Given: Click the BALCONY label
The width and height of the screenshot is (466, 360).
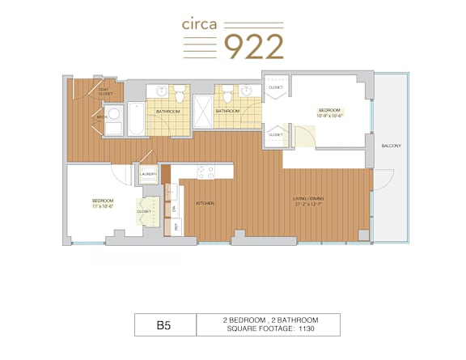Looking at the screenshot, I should pyautogui.click(x=391, y=145).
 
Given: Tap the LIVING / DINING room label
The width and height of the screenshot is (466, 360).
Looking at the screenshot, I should pyautogui.click(x=307, y=197).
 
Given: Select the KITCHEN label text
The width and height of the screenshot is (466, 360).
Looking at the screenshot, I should pyautogui.click(x=205, y=203).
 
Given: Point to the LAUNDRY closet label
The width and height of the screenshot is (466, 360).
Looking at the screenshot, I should pyautogui.click(x=148, y=174).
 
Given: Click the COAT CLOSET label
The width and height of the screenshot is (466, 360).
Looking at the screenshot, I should pyautogui.click(x=104, y=92).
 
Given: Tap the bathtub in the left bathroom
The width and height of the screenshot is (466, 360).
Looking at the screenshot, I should pyautogui.click(x=136, y=119).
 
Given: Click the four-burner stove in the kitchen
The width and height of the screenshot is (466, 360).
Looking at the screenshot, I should pyautogui.click(x=205, y=172).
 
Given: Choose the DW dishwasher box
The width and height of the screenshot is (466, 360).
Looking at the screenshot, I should pyautogui.click(x=175, y=209).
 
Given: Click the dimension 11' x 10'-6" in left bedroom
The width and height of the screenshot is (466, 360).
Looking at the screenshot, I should pyautogui.click(x=102, y=205).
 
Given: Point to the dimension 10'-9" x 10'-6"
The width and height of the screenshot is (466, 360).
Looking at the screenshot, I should pyautogui.click(x=331, y=116).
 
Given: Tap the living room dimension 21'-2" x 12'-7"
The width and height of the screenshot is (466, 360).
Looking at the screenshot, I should pyautogui.click(x=307, y=203).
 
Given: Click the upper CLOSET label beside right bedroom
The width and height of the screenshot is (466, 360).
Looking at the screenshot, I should pyautogui.click(x=276, y=87).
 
